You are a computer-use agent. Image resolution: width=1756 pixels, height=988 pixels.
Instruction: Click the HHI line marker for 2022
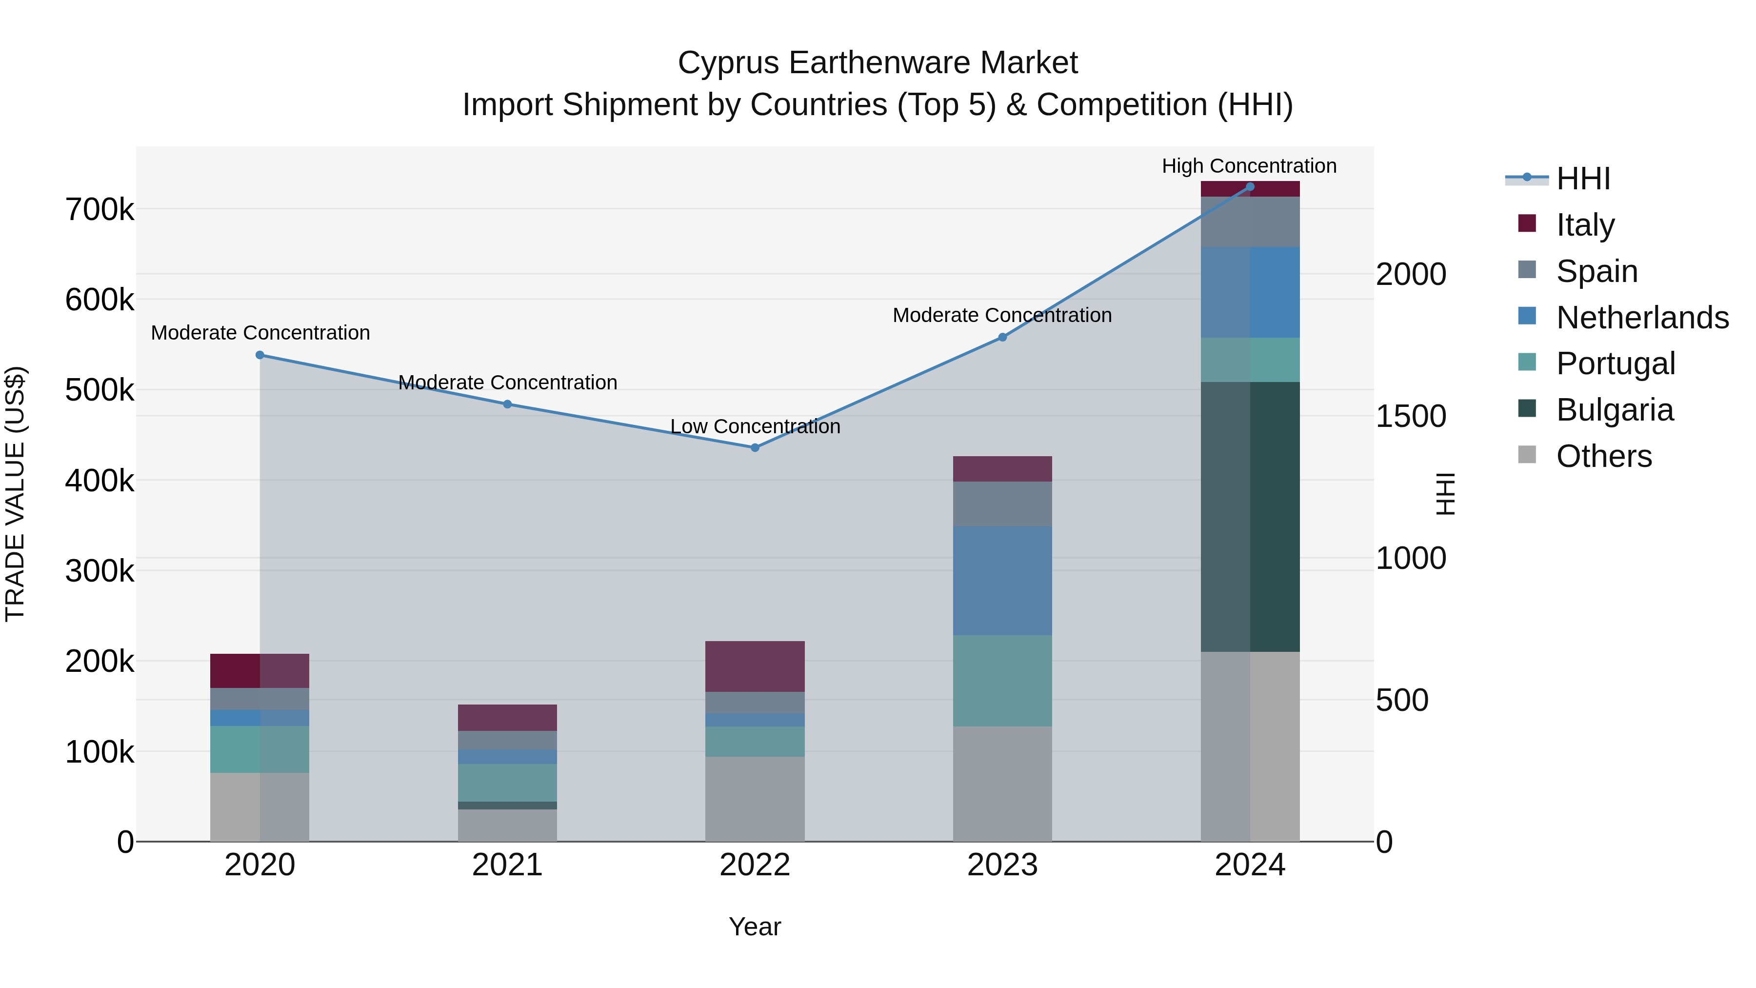(755, 448)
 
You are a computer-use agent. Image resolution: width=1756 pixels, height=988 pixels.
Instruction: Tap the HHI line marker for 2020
(259, 355)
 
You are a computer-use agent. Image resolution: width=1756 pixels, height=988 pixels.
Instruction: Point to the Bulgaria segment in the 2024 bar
(1250, 516)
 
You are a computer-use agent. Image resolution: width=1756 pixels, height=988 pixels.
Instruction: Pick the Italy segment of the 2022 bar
(755, 666)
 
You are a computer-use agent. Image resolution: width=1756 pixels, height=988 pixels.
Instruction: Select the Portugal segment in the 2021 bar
(507, 782)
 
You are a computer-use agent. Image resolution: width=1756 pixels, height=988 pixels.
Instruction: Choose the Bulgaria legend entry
(1614, 410)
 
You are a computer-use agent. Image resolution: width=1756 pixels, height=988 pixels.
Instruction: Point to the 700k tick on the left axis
(100, 209)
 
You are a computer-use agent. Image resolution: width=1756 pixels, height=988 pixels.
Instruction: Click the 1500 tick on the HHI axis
(1410, 417)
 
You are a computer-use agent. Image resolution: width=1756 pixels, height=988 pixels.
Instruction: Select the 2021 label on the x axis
(507, 865)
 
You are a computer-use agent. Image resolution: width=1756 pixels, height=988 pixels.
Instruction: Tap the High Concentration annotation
(1249, 166)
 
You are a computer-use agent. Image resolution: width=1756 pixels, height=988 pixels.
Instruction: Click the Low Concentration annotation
(755, 426)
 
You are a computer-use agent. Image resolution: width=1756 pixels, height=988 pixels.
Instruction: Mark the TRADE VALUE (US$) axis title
(15, 494)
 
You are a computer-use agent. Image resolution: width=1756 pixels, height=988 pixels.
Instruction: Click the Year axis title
(755, 927)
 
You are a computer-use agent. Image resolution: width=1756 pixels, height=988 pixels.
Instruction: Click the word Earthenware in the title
(878, 63)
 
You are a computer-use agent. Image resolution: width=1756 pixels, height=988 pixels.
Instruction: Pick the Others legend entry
(1603, 456)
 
